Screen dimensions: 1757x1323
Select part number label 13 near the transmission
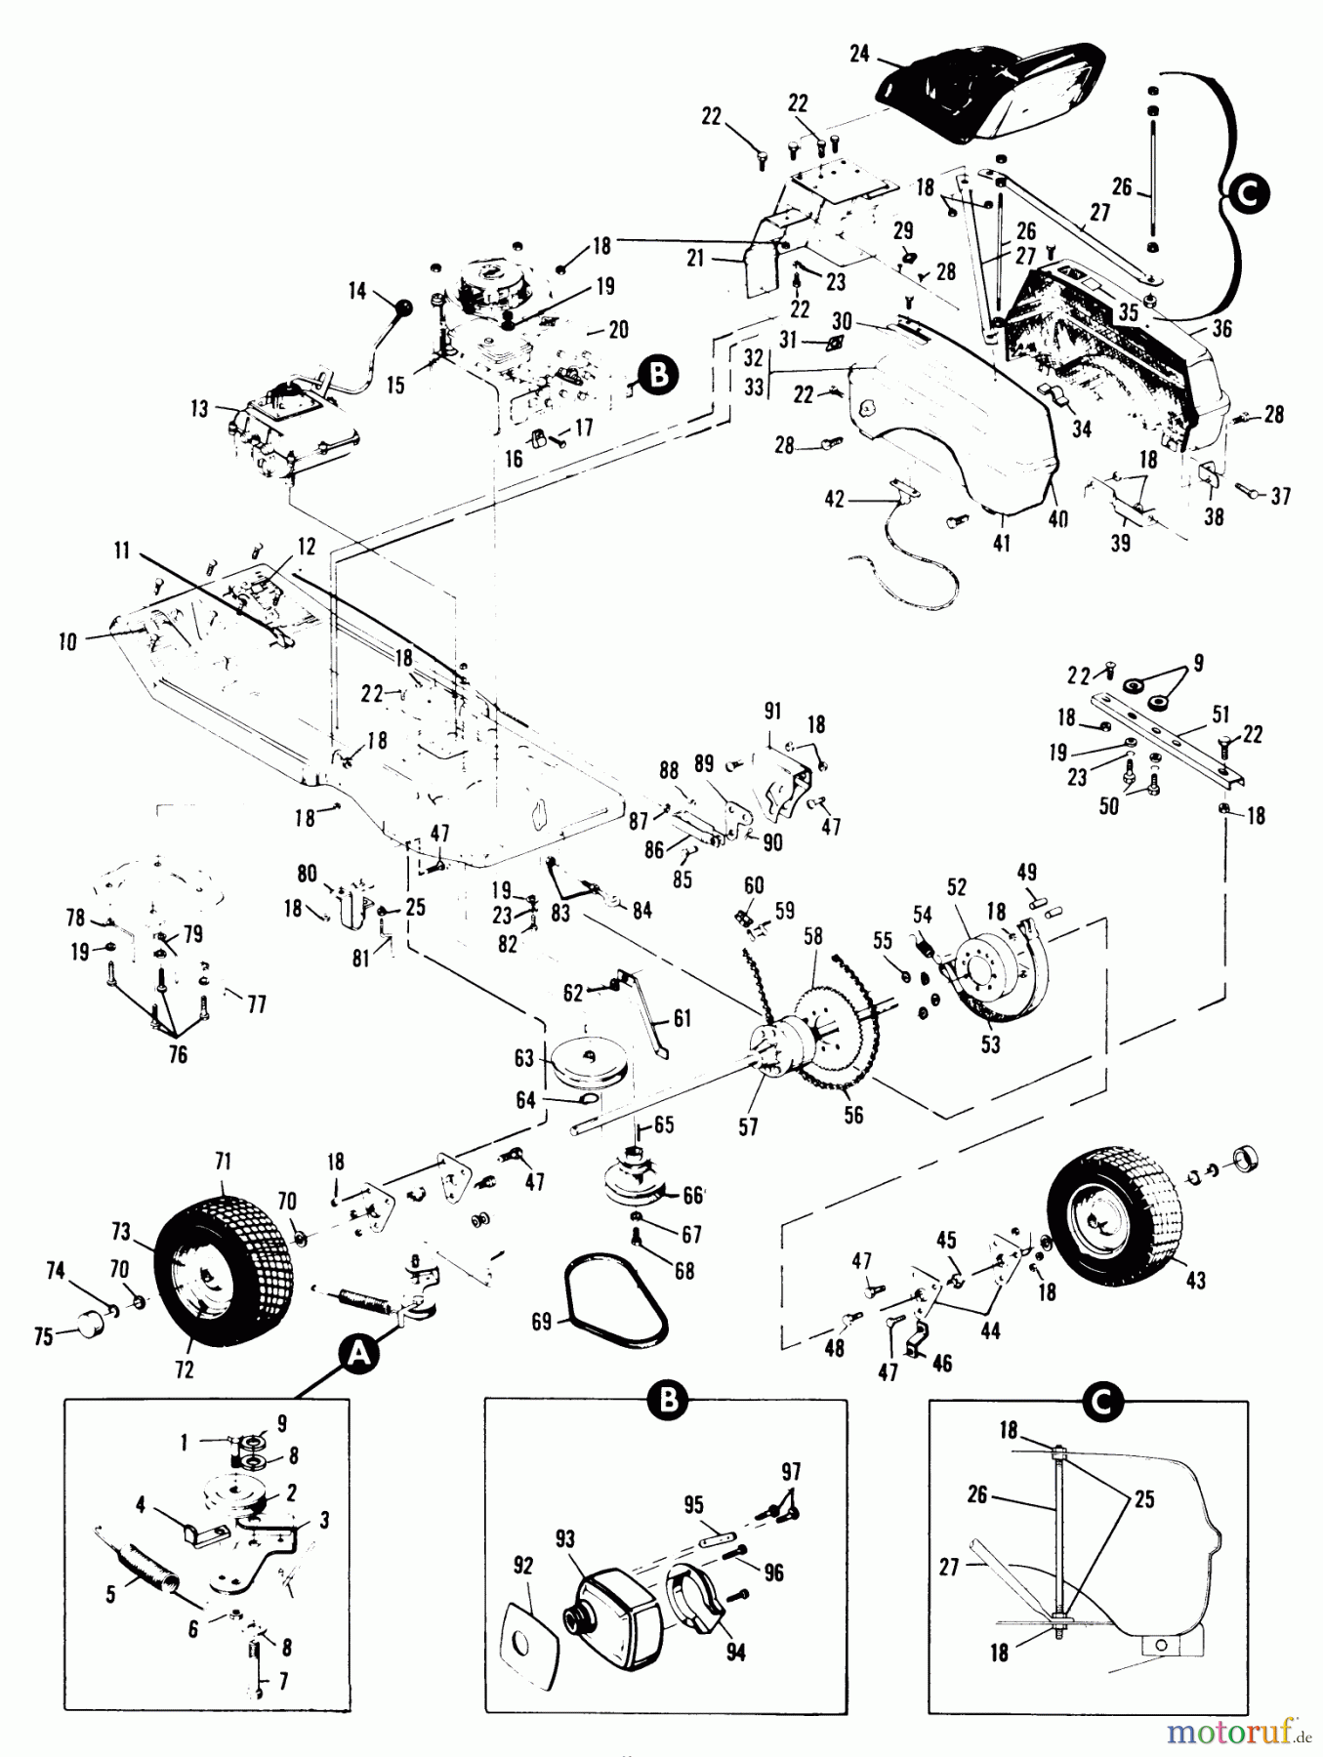point(200,409)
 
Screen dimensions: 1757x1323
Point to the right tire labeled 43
point(1107,1206)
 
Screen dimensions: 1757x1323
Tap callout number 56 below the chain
point(853,1114)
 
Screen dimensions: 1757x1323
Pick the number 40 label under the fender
point(1058,518)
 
